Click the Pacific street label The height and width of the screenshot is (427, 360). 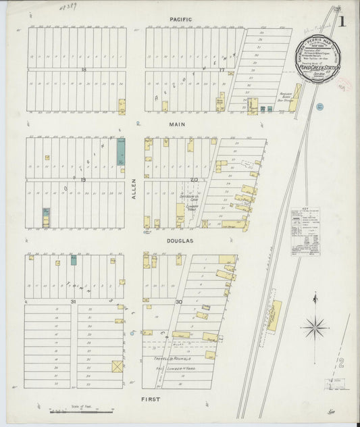[181, 20]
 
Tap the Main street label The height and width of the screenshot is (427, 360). [177, 124]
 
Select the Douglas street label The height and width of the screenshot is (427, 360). [181, 241]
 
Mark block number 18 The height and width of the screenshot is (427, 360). [84, 69]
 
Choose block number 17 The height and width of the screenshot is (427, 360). [222, 69]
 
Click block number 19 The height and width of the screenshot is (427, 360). [83, 180]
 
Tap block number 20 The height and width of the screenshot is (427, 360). [194, 180]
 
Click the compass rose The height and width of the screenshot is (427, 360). [315, 327]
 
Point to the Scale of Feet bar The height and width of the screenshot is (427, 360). [80, 409]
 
